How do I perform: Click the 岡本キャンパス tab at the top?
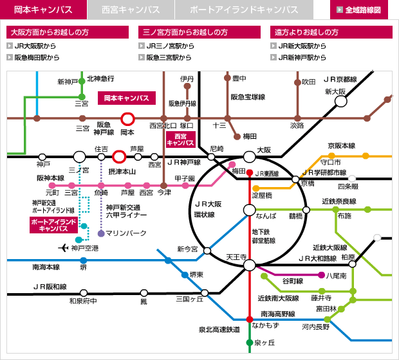pyautogui.click(x=43, y=10)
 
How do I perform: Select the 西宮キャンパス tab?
pyautogui.click(x=131, y=10)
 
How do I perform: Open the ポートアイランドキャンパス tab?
pyautogui.click(x=244, y=10)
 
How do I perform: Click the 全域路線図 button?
pyautogui.click(x=359, y=10)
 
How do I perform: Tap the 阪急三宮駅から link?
pyautogui.click(x=165, y=57)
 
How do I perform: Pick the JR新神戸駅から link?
pyautogui.click(x=298, y=57)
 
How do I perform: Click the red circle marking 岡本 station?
pyautogui.click(x=127, y=119)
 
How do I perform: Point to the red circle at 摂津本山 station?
pyautogui.click(x=119, y=157)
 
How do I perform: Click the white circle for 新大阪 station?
pyautogui.click(x=340, y=102)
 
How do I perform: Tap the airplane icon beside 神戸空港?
pyautogui.click(x=63, y=248)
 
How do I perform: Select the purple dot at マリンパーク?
pyautogui.click(x=101, y=233)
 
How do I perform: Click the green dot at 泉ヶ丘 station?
pyautogui.click(x=250, y=343)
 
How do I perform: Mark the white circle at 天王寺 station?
pyautogui.click(x=250, y=265)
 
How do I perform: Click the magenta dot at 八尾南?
pyautogui.click(x=322, y=275)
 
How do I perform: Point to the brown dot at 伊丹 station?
pyautogui.click(x=187, y=86)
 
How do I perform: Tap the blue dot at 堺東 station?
pyautogui.click(x=185, y=275)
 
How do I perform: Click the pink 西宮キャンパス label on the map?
pyautogui.click(x=181, y=139)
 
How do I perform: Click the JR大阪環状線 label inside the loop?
pyautogui.click(x=208, y=209)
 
